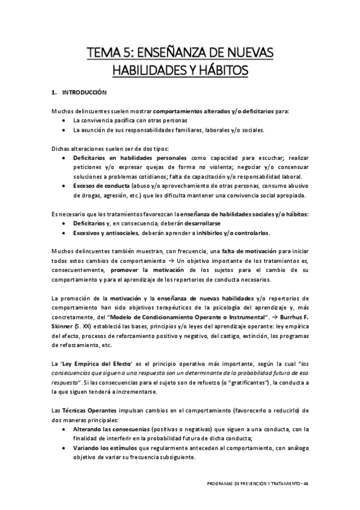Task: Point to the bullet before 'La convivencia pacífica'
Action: pos(65,120)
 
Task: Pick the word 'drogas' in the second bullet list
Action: pos(86,195)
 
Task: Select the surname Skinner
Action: pos(64,327)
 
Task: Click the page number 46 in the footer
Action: pos(306,484)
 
